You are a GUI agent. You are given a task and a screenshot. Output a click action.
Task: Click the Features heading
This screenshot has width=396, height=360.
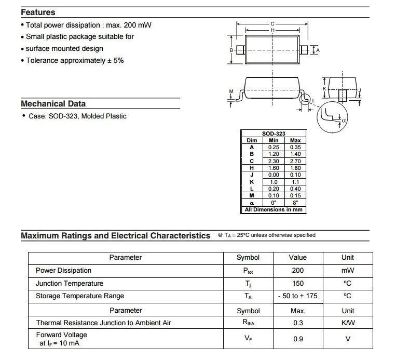(38, 12)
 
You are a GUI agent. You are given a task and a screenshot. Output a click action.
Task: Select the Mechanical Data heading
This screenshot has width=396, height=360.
(53, 103)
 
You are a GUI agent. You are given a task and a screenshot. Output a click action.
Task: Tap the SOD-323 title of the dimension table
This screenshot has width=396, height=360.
(274, 134)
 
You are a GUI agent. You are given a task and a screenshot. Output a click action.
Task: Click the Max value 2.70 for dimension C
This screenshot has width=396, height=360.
(295, 161)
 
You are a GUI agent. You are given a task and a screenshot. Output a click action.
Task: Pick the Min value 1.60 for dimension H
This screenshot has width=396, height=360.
(274, 168)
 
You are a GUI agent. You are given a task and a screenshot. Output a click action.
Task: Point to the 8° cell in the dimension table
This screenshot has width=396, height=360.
(295, 203)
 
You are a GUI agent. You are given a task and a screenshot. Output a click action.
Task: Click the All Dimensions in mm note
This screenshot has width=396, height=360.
(274, 209)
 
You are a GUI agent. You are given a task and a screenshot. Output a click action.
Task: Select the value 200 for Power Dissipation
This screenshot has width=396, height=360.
(297, 271)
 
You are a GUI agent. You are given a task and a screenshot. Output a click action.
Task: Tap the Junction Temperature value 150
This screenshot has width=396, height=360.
(297, 284)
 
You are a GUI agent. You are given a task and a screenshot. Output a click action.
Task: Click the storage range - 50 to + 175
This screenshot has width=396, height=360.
(297, 296)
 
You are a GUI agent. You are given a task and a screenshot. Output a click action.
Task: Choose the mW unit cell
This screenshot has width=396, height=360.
(347, 271)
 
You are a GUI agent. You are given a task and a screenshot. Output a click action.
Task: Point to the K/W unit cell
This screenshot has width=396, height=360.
(347, 323)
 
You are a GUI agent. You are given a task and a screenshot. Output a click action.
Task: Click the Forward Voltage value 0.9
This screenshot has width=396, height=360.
(297, 339)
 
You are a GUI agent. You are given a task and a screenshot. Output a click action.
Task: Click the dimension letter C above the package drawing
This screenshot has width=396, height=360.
(272, 24)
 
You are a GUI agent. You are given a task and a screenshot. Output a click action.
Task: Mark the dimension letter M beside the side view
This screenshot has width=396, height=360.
(231, 92)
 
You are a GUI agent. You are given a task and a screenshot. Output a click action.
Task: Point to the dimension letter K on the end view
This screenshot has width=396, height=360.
(324, 89)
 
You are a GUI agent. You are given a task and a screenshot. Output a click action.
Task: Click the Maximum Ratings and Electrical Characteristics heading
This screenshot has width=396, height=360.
(116, 236)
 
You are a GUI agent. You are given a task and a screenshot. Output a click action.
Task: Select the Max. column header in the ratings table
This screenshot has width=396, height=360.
(297, 311)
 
